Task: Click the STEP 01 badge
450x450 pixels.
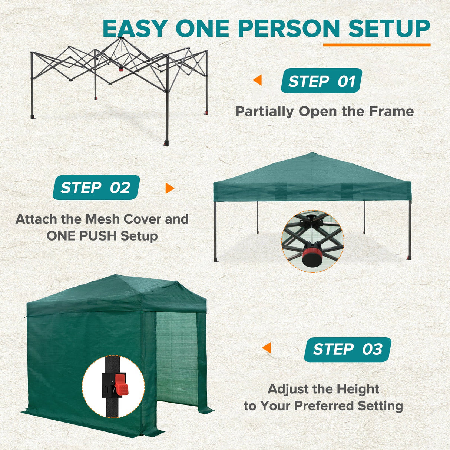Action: pos(321,81)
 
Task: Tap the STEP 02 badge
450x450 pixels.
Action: pos(96,188)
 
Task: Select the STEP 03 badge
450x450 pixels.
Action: pos(347,349)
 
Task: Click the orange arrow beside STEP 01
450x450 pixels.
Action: pos(258,80)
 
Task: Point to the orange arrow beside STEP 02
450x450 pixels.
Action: pos(169,188)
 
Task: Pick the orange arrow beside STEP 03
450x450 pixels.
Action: pos(267,348)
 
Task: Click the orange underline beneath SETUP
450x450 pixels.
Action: pos(377,45)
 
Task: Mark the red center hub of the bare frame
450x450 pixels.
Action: pos(121,69)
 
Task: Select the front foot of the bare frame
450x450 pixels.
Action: pos(166,143)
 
